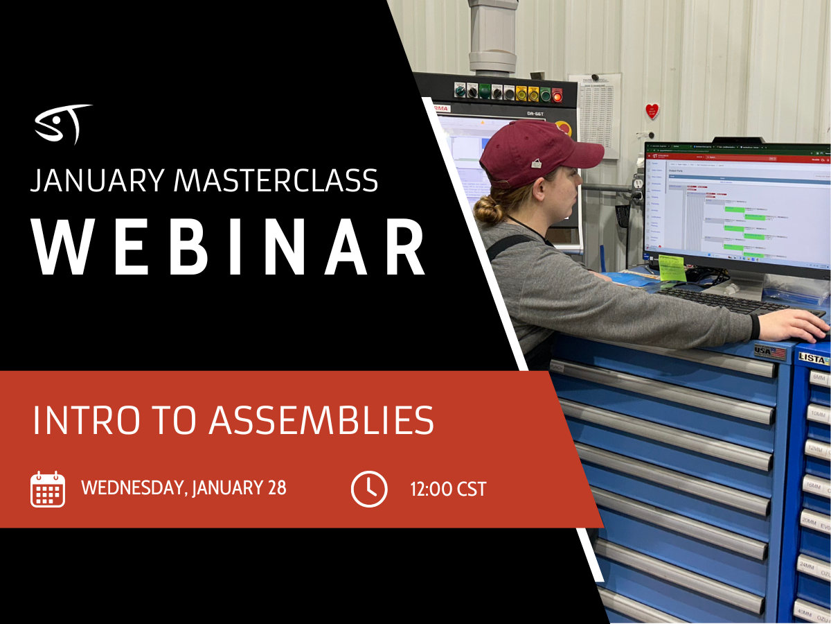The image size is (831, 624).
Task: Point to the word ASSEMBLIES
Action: coord(321,419)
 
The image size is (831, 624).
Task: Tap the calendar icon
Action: coord(48,489)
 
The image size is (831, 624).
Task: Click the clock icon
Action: coord(369,489)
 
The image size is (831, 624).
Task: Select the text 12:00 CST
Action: coord(448,489)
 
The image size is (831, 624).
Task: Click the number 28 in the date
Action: coord(276,488)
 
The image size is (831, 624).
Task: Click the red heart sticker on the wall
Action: coord(652,111)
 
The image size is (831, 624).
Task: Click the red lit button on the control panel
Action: coord(557,93)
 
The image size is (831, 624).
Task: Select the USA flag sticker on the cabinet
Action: coord(770,352)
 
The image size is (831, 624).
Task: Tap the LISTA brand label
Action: coord(814,359)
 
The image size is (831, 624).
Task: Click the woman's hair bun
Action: coord(490,209)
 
